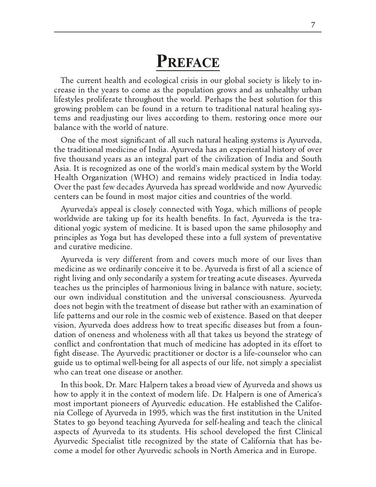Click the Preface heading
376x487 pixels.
[x=188, y=62]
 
